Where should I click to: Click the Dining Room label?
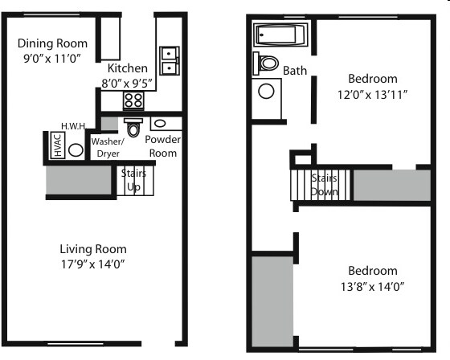[x=52, y=43]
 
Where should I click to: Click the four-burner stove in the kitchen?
[x=133, y=100]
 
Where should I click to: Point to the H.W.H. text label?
[x=74, y=126]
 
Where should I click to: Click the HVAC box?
[x=57, y=146]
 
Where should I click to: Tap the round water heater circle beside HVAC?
[x=76, y=149]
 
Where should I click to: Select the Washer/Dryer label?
[x=107, y=147]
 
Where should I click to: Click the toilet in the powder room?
[x=133, y=127]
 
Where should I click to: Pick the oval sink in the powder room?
[x=160, y=125]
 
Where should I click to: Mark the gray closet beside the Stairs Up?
[x=79, y=179]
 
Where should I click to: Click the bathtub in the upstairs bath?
[x=280, y=35]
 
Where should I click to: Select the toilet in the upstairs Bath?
[x=266, y=63]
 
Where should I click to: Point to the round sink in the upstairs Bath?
[x=265, y=90]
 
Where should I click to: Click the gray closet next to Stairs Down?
[x=391, y=185]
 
